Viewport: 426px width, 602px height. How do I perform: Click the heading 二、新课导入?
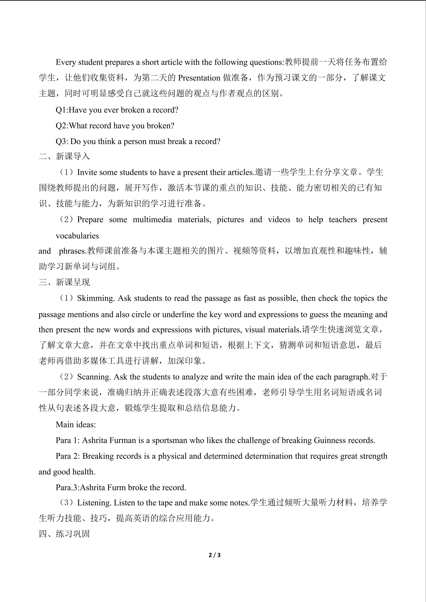[x=64, y=156]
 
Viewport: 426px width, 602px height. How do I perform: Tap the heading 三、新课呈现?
[x=64, y=282]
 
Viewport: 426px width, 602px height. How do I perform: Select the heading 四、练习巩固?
[x=64, y=534]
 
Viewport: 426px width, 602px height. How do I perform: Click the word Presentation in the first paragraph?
[x=199, y=78]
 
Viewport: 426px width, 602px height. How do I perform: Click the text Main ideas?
[x=76, y=424]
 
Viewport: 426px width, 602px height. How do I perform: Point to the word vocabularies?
[x=77, y=236]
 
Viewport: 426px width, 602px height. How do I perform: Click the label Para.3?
[x=67, y=487]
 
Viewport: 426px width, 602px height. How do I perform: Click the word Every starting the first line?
[x=66, y=62]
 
